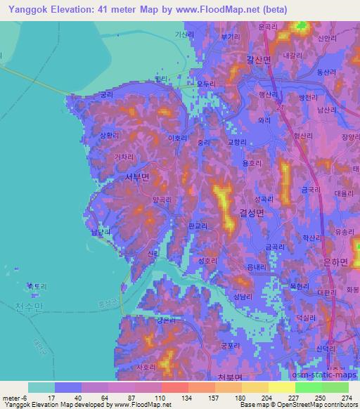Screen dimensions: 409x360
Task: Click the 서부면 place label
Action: (136, 178)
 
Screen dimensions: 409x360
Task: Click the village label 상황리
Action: (111, 136)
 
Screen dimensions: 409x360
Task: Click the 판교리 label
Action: (199, 226)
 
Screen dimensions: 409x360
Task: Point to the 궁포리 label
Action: (232, 345)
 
